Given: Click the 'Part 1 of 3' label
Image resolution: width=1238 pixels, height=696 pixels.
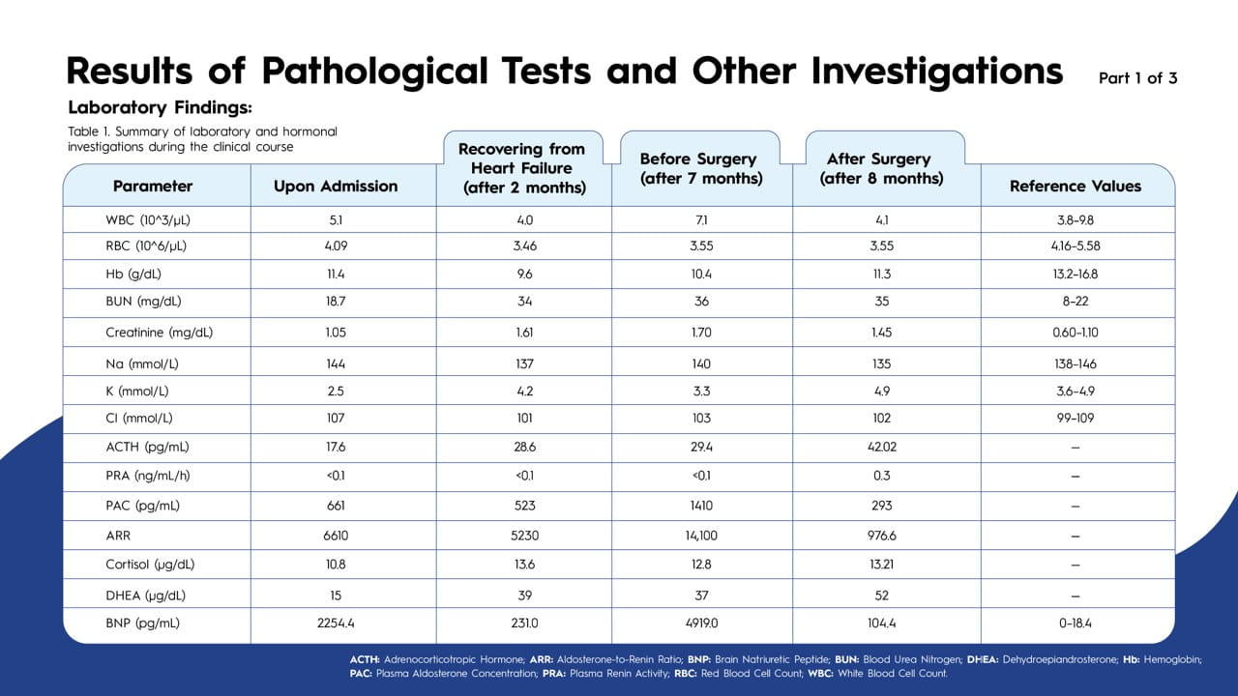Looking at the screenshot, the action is [1138, 78].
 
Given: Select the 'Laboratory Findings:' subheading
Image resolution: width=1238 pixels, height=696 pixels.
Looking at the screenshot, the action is [160, 107].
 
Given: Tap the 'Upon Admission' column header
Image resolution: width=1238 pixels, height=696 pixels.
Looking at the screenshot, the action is [336, 187].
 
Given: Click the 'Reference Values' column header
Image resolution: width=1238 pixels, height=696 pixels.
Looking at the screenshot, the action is [1075, 187].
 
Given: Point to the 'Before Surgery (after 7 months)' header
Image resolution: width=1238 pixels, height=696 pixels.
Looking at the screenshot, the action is [701, 168].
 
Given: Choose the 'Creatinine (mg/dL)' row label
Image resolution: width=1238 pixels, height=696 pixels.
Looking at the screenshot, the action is [160, 333].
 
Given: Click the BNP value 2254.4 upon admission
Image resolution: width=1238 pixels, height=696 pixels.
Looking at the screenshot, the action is [336, 623].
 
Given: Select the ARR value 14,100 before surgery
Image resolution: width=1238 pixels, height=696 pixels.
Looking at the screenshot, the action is [701, 536].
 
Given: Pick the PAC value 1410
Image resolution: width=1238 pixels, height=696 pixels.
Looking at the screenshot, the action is [701, 506].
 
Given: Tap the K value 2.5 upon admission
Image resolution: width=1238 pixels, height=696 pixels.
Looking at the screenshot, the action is [336, 391].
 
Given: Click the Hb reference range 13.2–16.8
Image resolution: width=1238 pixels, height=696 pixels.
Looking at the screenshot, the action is [1075, 274].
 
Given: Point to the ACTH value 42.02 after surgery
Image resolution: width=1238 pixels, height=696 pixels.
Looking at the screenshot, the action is [881, 447].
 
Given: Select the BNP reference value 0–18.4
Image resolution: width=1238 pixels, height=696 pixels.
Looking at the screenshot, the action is [1075, 623].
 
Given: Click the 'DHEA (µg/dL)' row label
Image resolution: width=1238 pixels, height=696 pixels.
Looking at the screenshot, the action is [145, 595].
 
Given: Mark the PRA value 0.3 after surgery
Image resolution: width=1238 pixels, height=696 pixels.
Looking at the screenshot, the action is [881, 476].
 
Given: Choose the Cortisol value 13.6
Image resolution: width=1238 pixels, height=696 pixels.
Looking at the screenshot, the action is [524, 565].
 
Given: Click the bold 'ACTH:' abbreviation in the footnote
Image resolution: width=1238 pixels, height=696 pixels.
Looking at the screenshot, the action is [365, 659].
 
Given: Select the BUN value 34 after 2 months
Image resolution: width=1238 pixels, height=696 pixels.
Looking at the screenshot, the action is [524, 301].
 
